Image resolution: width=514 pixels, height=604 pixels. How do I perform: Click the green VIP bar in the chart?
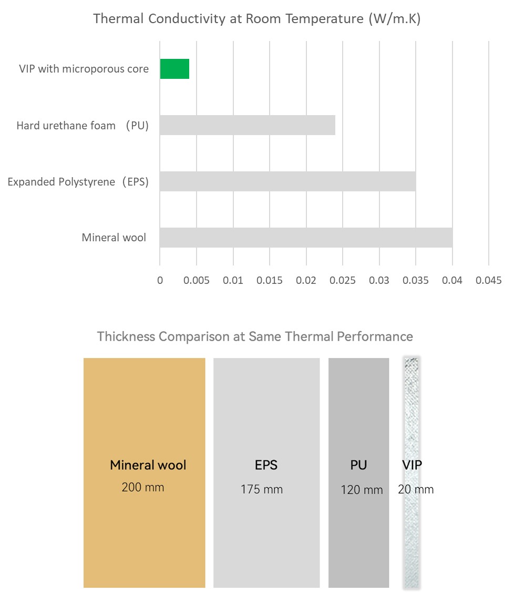(174, 69)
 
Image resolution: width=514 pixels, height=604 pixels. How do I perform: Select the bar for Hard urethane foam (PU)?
(248, 125)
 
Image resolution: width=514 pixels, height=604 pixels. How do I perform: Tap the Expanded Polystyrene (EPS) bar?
(287, 181)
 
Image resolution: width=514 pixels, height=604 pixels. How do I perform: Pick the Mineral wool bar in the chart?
(306, 238)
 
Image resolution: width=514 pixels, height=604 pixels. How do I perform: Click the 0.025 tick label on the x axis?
(342, 280)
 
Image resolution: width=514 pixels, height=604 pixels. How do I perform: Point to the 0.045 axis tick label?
(488, 280)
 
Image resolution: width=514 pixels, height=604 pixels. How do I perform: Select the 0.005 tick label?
(196, 280)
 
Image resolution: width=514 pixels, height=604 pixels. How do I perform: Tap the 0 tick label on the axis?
(160, 280)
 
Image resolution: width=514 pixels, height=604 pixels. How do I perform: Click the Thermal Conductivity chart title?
(257, 19)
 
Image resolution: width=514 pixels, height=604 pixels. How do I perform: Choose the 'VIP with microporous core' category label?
(84, 69)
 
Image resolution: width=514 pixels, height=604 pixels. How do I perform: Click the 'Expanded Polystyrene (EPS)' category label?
(78, 182)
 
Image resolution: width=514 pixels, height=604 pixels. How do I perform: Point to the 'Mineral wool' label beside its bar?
(114, 238)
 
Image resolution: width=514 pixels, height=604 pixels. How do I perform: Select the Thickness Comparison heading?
(255, 336)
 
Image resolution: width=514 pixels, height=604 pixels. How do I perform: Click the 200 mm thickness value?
(143, 487)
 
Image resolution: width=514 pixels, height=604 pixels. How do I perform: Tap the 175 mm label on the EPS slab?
(262, 489)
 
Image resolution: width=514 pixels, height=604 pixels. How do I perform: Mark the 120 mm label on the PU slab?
(362, 490)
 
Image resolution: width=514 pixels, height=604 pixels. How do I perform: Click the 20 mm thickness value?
(416, 489)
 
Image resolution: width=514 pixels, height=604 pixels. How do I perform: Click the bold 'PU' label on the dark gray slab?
(358, 465)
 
